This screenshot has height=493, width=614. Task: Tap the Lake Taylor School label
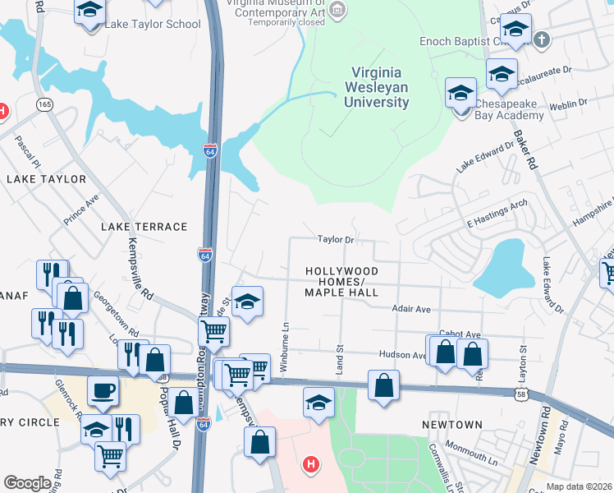[152, 24]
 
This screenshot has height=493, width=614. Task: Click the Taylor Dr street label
[336, 240]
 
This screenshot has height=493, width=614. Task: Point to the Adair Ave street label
[411, 309]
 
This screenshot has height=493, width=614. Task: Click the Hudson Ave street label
[401, 355]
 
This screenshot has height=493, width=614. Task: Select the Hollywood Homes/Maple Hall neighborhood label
[341, 281]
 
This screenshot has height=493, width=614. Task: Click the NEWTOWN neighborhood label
[452, 424]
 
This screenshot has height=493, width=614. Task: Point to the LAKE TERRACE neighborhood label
[144, 226]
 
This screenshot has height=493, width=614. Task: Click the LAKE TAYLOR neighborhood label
[46, 178]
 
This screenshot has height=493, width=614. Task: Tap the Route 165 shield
[44, 104]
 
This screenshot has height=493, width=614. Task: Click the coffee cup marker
[103, 391]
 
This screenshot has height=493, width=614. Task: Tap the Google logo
[27, 483]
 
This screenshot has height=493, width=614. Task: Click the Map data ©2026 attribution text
[580, 486]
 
